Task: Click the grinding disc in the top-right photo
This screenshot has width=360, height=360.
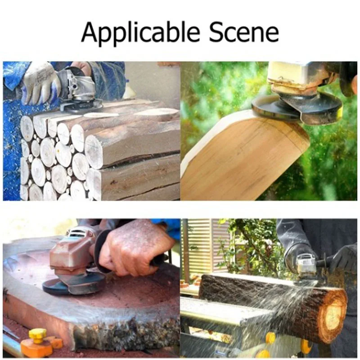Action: [x=297, y=108]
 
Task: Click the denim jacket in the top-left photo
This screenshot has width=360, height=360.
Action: [x=108, y=76]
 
